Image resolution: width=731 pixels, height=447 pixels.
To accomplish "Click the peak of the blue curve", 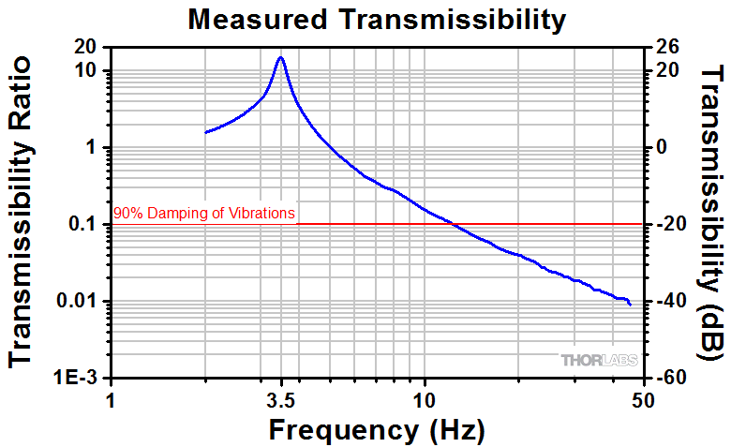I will click(x=280, y=57).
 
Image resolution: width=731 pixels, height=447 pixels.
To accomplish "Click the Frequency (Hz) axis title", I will click(x=377, y=430).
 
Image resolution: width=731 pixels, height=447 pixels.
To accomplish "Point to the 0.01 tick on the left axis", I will click(x=83, y=301).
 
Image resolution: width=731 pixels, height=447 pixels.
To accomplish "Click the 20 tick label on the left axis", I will click(x=90, y=47).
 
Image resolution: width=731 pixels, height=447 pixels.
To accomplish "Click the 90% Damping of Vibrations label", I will click(x=204, y=214).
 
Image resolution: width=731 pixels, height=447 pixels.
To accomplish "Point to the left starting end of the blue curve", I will click(x=205, y=132).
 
